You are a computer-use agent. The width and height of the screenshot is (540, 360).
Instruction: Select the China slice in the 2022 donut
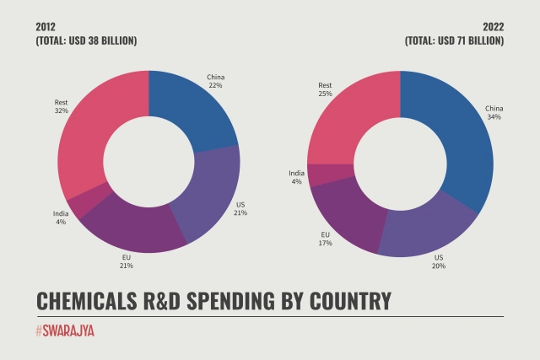click(x=456, y=143)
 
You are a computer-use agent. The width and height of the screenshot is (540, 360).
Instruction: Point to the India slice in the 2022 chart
click(x=320, y=175)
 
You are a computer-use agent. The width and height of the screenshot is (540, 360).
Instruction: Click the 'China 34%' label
click(x=493, y=112)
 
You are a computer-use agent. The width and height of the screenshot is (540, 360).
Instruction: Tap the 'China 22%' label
click(x=215, y=82)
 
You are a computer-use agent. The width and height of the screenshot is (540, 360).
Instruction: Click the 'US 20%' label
click(x=438, y=261)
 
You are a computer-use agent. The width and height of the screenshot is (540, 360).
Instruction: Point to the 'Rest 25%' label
click(x=325, y=89)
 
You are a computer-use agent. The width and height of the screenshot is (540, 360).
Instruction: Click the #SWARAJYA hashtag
click(x=65, y=331)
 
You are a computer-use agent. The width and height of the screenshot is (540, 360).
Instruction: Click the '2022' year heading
click(x=493, y=26)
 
